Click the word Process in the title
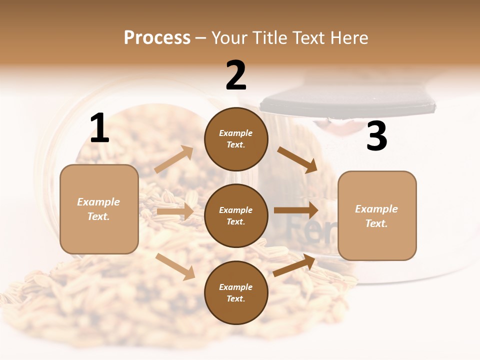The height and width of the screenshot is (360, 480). [157, 37]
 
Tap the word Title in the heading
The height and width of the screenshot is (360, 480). [269, 37]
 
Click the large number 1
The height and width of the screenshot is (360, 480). [99, 128]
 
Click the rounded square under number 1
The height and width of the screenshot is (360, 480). [99, 209]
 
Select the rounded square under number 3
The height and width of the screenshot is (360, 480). [377, 215]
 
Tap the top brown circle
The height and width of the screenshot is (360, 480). [236, 139]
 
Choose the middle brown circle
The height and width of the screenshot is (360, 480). [236, 215]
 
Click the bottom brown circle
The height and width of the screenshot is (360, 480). [236, 292]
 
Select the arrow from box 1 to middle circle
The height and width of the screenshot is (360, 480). [175, 211]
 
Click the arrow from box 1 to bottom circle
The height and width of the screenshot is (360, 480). [175, 266]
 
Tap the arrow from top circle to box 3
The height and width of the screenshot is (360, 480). [297, 159]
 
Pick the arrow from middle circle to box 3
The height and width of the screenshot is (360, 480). [295, 210]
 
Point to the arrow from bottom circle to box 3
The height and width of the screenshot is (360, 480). [294, 265]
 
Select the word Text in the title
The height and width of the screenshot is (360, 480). [307, 37]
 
